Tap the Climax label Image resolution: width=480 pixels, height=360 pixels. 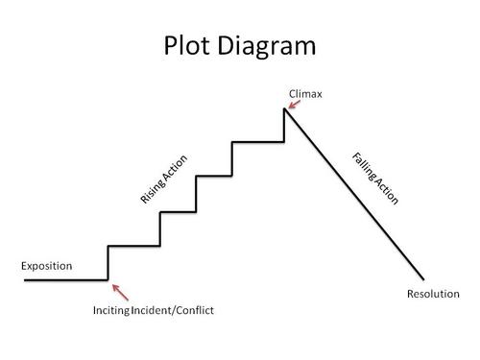tap(305, 93)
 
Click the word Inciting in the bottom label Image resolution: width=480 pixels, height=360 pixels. tap(113, 311)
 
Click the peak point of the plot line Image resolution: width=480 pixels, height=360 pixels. tap(284, 108)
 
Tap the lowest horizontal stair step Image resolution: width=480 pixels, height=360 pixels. tap(133, 246)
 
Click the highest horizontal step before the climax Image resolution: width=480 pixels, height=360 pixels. tap(258, 142)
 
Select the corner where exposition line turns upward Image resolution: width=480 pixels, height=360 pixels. tap(108, 279)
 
